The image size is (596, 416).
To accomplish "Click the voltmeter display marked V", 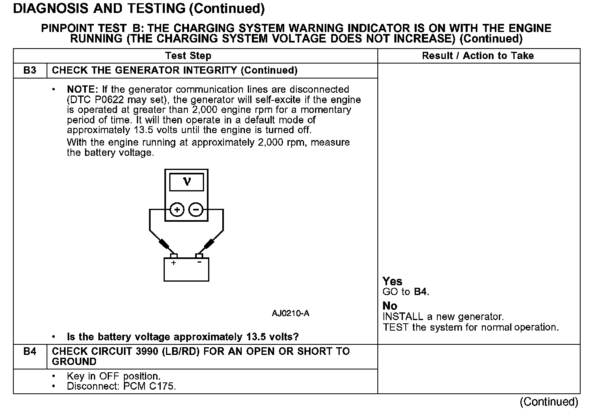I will (186, 182).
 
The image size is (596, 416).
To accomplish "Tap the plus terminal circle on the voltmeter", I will (177, 210).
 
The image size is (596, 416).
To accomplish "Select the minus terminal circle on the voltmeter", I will (196, 210).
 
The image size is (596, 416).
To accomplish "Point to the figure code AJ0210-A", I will (290, 314).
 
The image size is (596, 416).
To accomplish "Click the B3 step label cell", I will (30, 70).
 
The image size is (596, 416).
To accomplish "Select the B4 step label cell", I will (30, 351).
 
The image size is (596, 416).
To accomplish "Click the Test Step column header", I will (188, 56).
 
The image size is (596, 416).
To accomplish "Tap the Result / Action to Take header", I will (478, 56).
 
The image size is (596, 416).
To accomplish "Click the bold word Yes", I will (392, 281).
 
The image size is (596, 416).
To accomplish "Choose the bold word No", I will (390, 306).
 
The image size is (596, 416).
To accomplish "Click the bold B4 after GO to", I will (421, 292).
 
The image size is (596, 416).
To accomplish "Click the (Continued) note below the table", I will (549, 401).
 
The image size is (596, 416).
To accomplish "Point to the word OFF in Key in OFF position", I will (110, 376).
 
